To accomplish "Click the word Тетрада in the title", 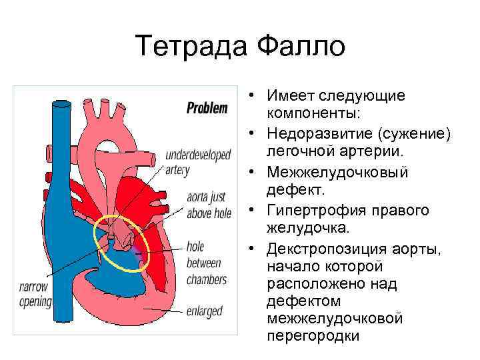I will pos(188,47).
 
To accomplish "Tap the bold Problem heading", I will pos(207,107).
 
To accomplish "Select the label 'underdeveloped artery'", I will pos(198,161).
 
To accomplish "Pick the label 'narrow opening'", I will pos(35,295).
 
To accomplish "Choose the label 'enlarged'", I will pos(205,311).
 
